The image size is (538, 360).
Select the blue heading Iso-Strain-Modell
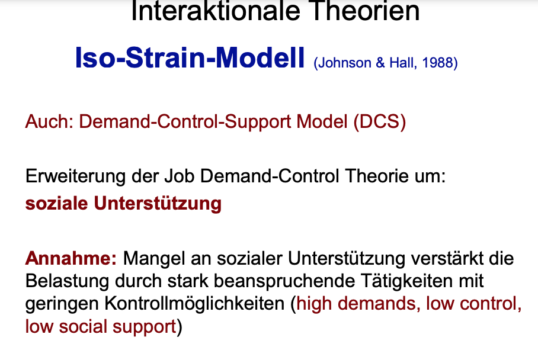(x=190, y=57)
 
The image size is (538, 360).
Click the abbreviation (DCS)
(x=379, y=122)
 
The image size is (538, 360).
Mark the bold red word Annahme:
(x=71, y=259)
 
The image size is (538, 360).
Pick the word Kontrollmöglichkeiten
(x=195, y=304)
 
